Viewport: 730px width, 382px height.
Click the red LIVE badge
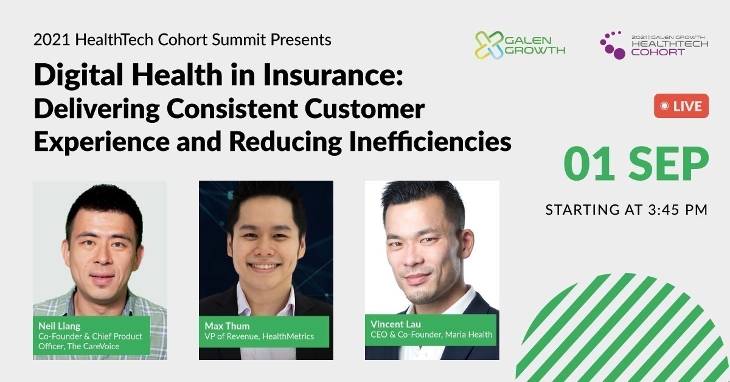tap(681, 106)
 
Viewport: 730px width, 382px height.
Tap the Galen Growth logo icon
tap(490, 45)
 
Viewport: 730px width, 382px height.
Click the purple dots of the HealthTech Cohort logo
tap(613, 45)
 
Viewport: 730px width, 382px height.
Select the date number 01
tap(589, 164)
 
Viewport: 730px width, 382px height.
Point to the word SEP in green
tap(669, 164)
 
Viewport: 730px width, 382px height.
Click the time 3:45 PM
tap(678, 210)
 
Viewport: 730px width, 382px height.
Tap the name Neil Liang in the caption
tap(60, 326)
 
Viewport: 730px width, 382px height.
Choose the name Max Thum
tap(227, 326)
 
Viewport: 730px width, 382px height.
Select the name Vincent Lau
tap(395, 324)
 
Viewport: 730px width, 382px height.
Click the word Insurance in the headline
tap(333, 75)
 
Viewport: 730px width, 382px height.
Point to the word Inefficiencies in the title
tap(430, 141)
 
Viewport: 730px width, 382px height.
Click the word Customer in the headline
tap(364, 108)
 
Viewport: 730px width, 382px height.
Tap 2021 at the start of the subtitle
tap(52, 40)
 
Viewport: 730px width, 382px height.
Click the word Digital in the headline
tap(78, 75)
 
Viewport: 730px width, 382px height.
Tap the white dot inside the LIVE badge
tap(664, 106)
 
